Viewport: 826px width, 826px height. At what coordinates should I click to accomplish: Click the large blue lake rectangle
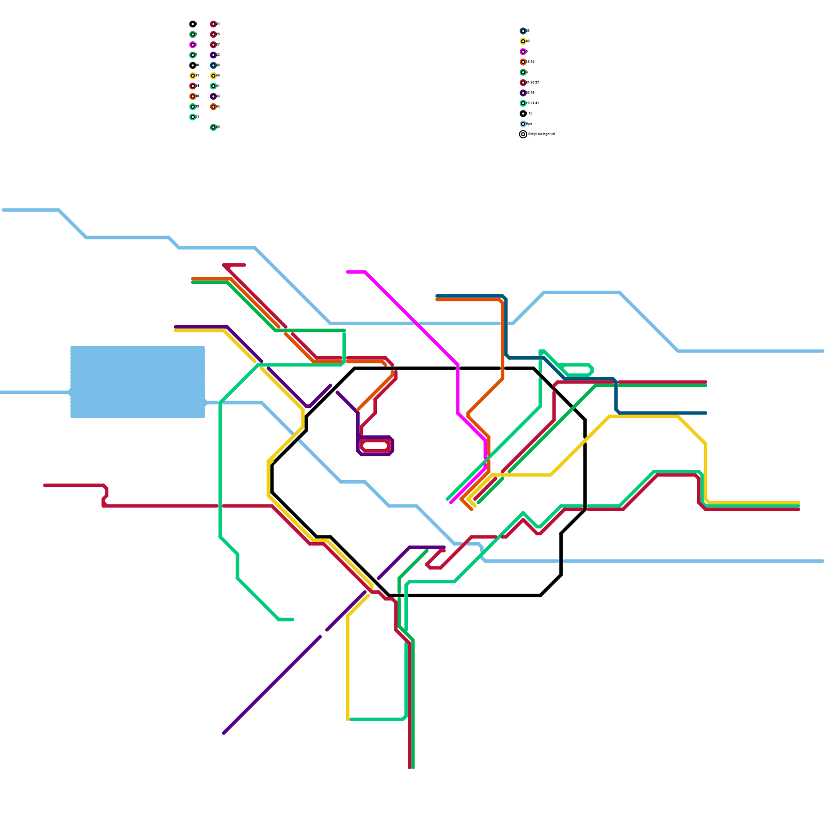pos(137,382)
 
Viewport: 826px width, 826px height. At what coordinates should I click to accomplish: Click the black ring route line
pos(444,369)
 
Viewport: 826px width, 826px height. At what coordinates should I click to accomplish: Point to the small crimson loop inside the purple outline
pos(375,446)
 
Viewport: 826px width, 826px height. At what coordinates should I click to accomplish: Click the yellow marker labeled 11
pos(193,76)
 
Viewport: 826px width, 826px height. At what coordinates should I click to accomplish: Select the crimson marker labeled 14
pos(193,86)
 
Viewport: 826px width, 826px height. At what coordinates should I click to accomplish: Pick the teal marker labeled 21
pos(193,117)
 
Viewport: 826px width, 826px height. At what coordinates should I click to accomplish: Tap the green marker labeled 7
pos(193,55)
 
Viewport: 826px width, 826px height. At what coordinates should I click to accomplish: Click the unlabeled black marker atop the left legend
pos(193,24)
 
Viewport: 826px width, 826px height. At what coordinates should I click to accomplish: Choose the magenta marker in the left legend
pos(193,45)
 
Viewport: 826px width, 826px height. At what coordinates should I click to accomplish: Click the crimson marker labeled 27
pos(213,45)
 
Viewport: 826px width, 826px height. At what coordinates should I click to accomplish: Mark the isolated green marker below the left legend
pos(213,127)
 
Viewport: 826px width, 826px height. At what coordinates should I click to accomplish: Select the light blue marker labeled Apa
pos(523,124)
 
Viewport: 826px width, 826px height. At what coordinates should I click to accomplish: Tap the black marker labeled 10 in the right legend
pos(523,114)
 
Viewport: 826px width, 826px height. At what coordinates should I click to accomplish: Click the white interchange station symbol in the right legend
pos(523,134)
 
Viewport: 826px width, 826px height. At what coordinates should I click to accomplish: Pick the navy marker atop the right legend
pos(523,31)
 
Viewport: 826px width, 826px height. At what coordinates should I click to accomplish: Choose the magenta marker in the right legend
pos(523,52)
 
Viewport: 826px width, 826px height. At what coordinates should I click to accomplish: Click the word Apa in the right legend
pos(529,124)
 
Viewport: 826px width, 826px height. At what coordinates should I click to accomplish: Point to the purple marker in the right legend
pos(523,93)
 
